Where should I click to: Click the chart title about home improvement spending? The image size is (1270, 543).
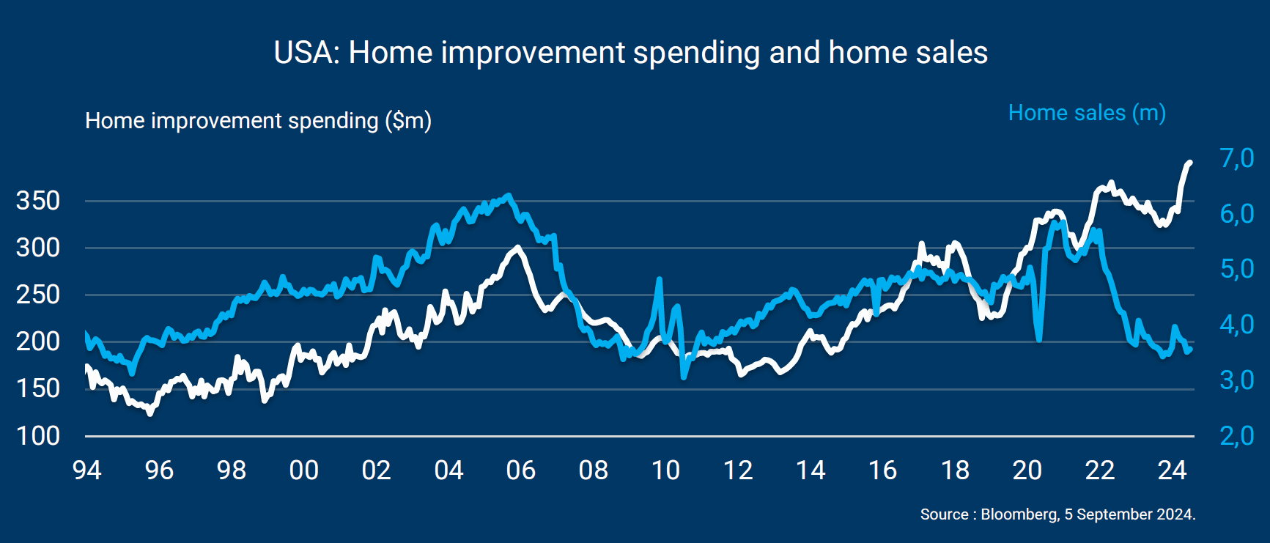coord(630,53)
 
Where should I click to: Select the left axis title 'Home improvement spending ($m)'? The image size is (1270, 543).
coord(258,120)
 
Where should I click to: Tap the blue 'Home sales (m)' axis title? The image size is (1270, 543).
coord(1087,113)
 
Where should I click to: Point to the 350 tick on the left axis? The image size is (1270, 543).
coord(37,201)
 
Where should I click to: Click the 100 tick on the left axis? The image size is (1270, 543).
coord(37,436)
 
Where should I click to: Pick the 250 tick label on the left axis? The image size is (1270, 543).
coord(37,295)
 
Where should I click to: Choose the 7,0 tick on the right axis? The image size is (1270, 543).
coord(1236,158)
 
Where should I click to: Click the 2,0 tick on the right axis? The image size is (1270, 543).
coord(1236,436)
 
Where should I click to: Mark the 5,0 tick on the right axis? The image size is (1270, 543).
coord(1236,269)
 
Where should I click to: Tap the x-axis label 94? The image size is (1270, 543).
coord(87,470)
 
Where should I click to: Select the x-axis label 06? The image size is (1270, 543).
coord(521,470)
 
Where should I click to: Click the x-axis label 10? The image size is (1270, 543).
coord(665,470)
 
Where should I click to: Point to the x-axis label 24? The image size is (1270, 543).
coord(1172,470)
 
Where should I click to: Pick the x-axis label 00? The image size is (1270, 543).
coord(304,470)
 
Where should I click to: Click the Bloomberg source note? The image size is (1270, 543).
coord(1057,514)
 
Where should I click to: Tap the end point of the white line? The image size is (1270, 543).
coord(1189,163)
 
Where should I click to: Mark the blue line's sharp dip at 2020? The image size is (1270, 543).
coord(1039,339)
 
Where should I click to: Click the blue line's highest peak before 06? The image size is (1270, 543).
coord(509,196)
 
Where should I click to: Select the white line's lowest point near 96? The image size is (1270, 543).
coord(150,413)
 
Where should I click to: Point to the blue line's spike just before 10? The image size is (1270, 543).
coord(660,279)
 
